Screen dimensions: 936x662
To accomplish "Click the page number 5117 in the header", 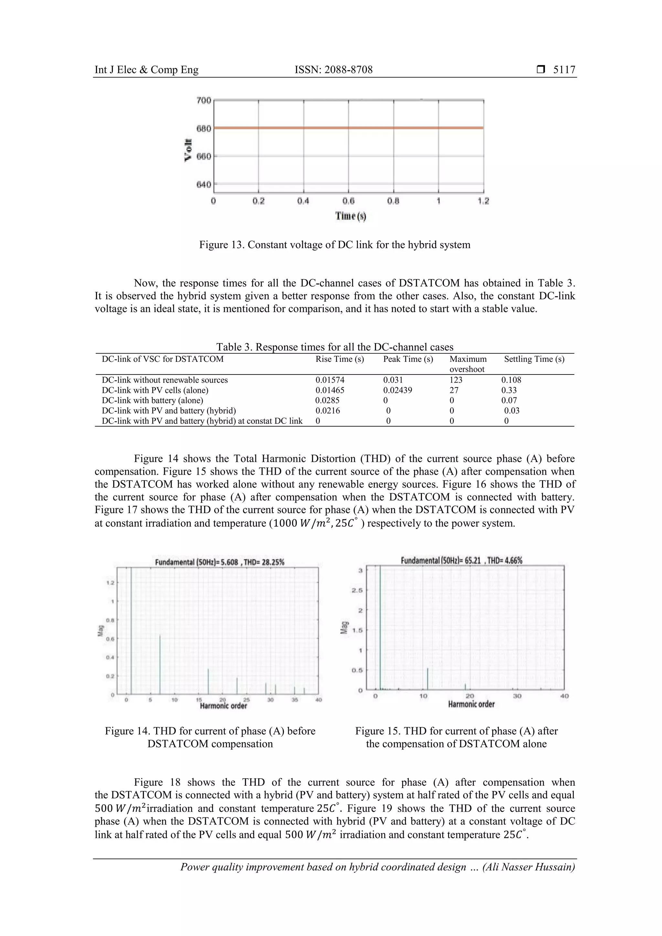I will tap(564, 70).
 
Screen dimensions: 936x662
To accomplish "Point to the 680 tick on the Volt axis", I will tap(204, 129).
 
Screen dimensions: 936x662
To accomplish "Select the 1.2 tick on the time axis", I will tap(483, 201).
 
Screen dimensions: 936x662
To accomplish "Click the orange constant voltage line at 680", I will tap(348, 128).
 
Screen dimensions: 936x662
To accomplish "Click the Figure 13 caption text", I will tap(335, 245).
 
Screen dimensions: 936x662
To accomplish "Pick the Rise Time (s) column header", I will tap(339, 359).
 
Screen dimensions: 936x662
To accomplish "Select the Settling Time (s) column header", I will tap(534, 359).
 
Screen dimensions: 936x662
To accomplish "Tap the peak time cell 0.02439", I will tap(397, 390).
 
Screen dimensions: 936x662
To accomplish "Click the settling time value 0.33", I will tap(509, 390).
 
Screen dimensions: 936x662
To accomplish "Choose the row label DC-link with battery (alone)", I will tap(152, 400).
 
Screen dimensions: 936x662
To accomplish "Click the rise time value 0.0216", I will tap(327, 411).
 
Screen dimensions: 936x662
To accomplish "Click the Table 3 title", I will tap(335, 347).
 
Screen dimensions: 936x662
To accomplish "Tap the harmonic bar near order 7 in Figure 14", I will tap(160, 665).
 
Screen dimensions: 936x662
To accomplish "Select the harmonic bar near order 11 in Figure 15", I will tap(427, 679).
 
